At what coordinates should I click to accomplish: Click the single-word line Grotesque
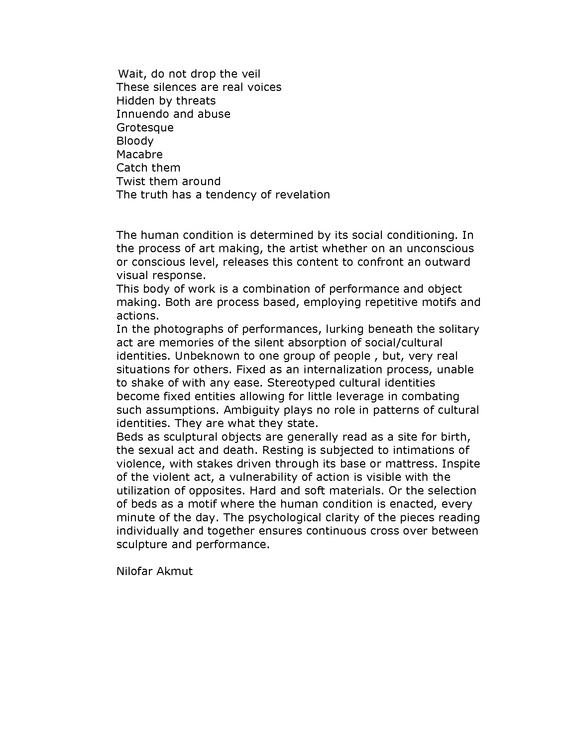(145, 128)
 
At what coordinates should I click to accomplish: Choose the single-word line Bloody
(135, 141)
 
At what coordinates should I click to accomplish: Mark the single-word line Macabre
(140, 154)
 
